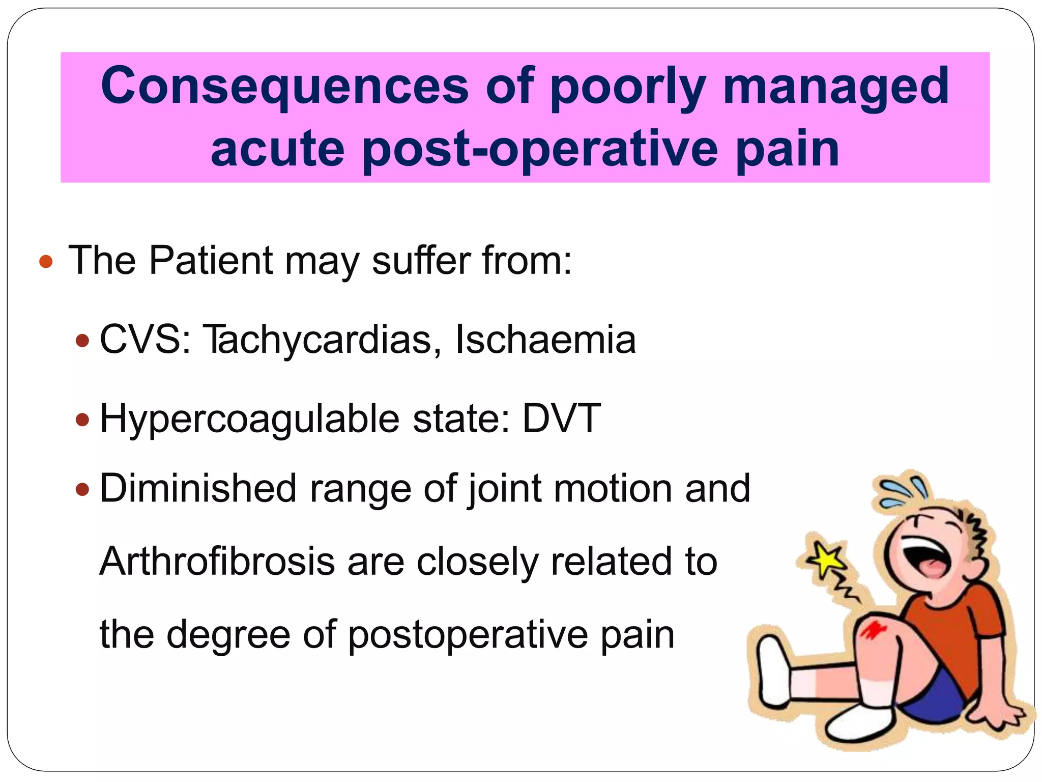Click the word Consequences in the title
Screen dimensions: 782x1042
click(x=284, y=86)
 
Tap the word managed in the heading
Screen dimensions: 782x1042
click(x=836, y=86)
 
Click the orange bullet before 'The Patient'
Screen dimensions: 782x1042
click(x=46, y=262)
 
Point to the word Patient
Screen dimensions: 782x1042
click(x=211, y=261)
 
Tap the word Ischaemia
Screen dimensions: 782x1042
click(x=545, y=340)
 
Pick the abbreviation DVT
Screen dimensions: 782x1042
click(x=562, y=418)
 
